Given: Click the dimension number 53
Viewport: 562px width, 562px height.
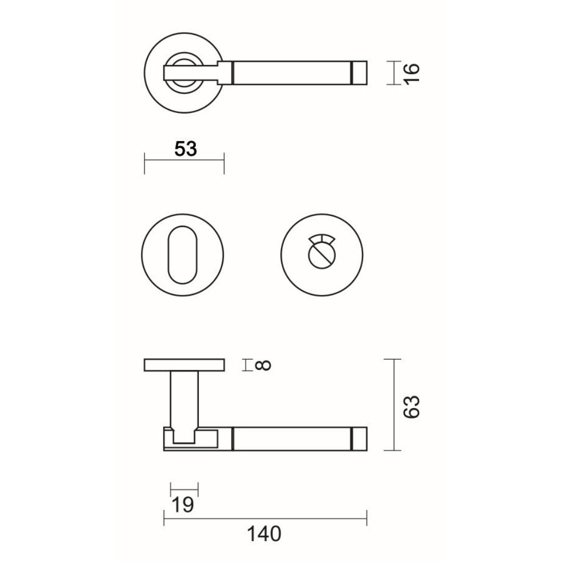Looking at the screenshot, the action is pyautogui.click(x=185, y=149).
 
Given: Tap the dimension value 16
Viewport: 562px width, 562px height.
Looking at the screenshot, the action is pyautogui.click(x=412, y=73).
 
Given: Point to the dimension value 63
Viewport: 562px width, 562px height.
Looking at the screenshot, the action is pyautogui.click(x=411, y=407).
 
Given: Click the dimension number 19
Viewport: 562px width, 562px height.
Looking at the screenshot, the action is pyautogui.click(x=183, y=505).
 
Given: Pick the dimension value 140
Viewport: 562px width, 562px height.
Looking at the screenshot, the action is pyautogui.click(x=264, y=534).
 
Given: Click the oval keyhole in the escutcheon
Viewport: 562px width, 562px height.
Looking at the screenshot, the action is pyautogui.click(x=183, y=255).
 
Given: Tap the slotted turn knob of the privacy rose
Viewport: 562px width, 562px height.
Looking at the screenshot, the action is pyautogui.click(x=322, y=256).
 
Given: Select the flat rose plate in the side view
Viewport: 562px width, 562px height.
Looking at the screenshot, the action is pyautogui.click(x=184, y=365).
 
